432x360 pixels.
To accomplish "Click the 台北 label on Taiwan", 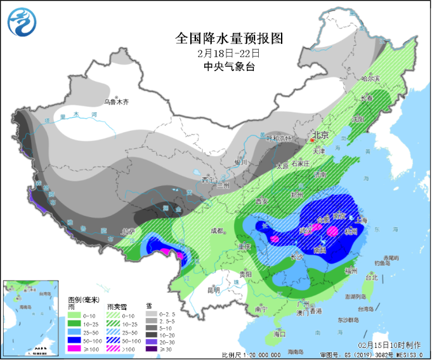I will pyautogui.click(x=371, y=277).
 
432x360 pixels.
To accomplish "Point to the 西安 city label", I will pyautogui.click(x=262, y=201).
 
